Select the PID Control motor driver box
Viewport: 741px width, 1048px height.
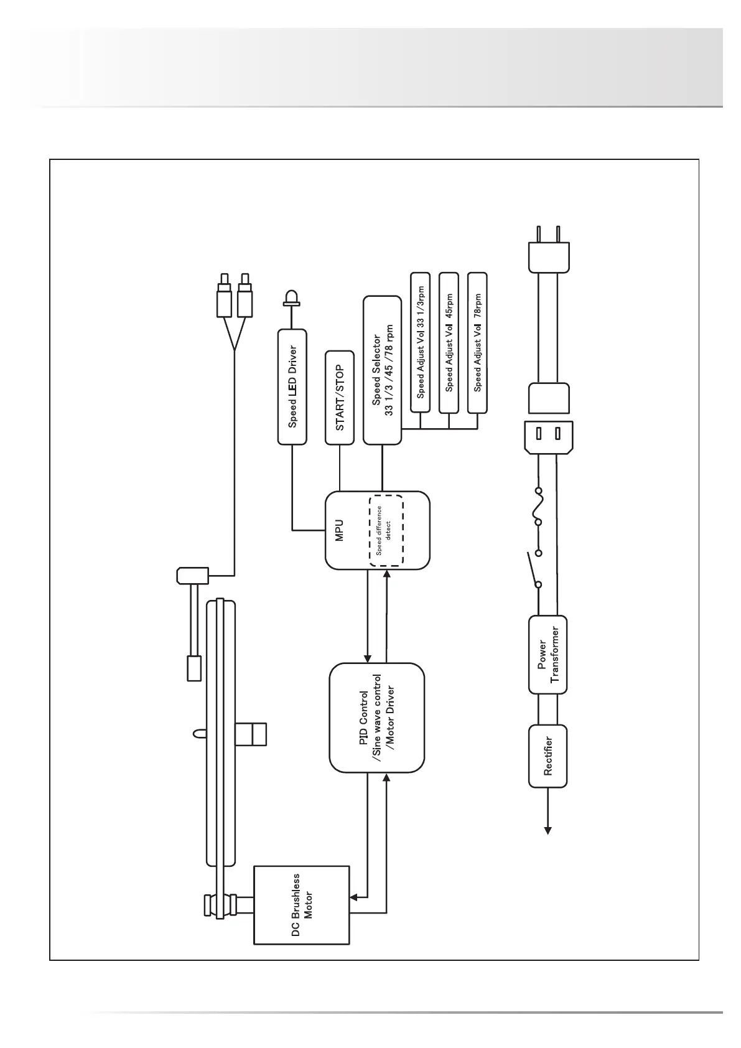coord(376,718)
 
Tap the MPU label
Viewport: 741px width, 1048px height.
coord(340,530)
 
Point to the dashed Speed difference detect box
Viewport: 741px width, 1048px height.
coord(386,530)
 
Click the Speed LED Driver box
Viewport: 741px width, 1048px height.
coord(292,386)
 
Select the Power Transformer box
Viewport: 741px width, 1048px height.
coord(548,654)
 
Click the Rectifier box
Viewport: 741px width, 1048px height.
coord(548,756)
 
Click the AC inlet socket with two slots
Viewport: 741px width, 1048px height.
coord(549,436)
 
